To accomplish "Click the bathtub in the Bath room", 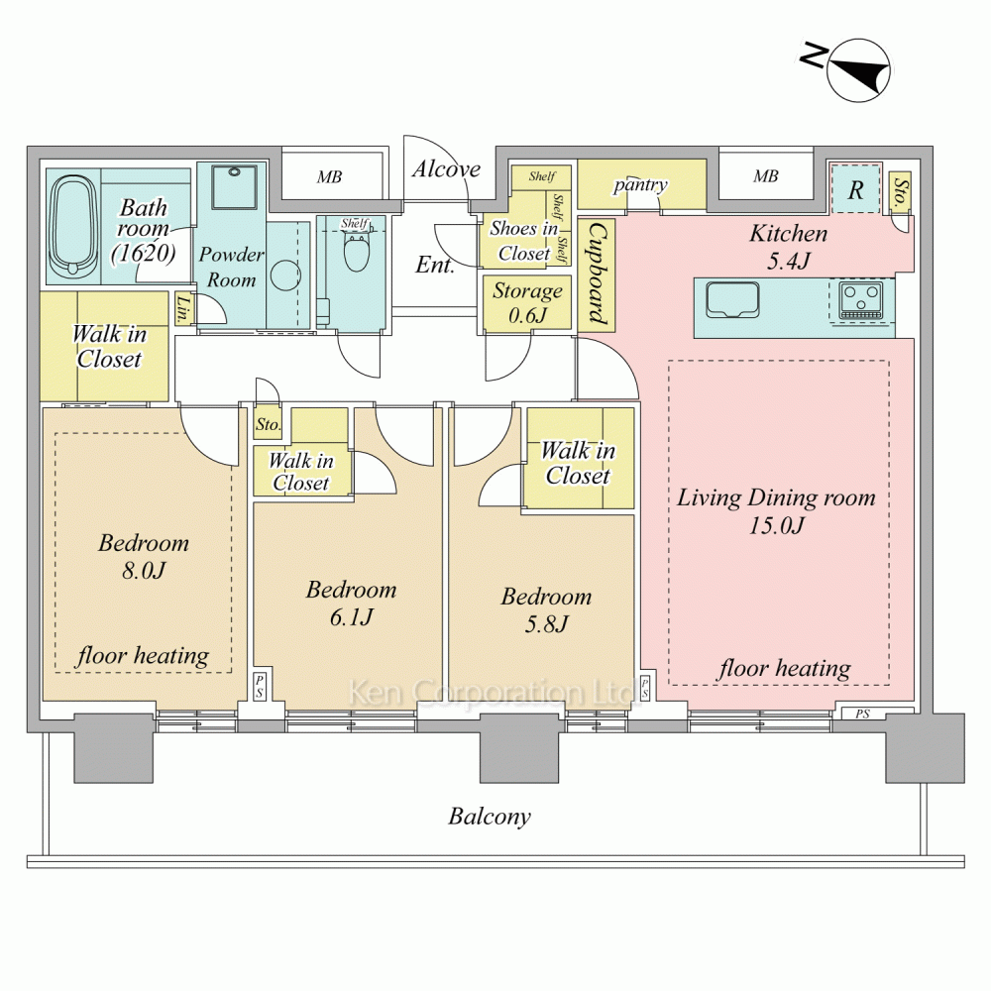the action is pos(74,225).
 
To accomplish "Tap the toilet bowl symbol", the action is pos(356,252).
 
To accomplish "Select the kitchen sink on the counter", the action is pos(732,299).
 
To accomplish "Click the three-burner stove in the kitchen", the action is pos(862,300).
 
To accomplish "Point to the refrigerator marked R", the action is pos(855,189).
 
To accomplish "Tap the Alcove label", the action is pos(446,168).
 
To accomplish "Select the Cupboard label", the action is pos(598,274).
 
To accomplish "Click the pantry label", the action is pos(640,184).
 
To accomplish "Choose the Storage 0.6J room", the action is pos(527,302).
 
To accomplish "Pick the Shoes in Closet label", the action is pos(524,241).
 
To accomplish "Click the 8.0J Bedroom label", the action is pos(144,556).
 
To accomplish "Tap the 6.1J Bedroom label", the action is pos(352,603).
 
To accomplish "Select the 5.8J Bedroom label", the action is pos(546,609).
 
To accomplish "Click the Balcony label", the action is pos(490,817).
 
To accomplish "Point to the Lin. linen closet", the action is pos(183,309).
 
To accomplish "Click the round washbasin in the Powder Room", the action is pos(285,276).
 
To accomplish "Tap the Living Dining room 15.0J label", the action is pos(776,511).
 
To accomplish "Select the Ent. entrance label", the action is pos(435,265).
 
